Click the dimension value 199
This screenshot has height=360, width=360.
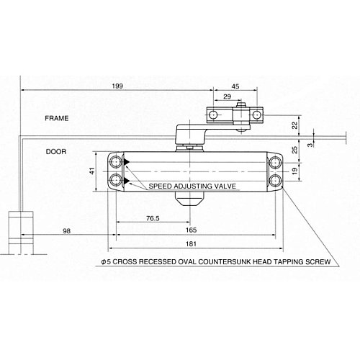coord(117,86)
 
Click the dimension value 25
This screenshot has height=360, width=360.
coord(294,150)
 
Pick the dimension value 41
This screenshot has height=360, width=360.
coord(91,171)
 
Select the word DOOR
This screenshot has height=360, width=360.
coord(55,152)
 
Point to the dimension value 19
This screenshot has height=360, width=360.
coord(294,171)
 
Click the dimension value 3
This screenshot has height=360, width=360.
coord(310,144)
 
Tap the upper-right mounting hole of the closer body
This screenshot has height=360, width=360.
coord(276,162)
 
